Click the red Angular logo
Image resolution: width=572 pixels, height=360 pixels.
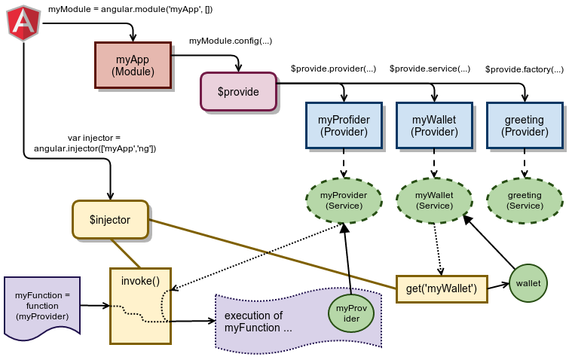(23, 23)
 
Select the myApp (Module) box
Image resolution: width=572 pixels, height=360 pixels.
(133, 65)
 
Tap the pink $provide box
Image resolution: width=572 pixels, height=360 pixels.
(238, 92)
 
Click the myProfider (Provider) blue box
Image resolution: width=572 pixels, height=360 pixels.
(344, 125)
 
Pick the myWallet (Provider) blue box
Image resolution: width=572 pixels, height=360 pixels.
(434, 125)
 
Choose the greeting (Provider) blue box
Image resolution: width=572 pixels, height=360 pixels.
(525, 125)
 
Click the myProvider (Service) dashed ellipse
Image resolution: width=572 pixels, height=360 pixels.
(344, 200)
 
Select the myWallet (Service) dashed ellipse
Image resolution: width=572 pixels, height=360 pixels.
(434, 200)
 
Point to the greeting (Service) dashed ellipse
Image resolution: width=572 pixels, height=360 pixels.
(525, 200)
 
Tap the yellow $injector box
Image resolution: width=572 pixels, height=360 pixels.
(110, 220)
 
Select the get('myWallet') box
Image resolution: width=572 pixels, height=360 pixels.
(442, 288)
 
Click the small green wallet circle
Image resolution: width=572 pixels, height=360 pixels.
(528, 283)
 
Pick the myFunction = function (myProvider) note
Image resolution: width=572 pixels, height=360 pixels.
(42, 306)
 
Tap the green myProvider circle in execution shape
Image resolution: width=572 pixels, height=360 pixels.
(351, 313)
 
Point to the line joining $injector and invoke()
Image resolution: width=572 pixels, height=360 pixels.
(125, 254)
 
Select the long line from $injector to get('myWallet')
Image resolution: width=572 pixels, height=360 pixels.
(271, 253)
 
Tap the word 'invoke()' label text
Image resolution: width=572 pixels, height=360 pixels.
(140, 281)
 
